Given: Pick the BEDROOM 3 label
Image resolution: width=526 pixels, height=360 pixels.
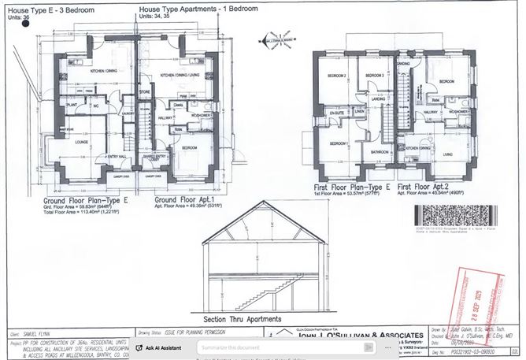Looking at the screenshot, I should point(373,76).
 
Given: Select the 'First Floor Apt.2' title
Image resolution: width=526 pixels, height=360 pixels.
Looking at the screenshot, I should point(427,187).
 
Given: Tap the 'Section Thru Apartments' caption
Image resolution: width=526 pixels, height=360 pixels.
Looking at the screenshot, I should point(243,319).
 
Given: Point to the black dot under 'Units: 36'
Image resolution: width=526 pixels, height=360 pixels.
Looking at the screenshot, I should point(27,24).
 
